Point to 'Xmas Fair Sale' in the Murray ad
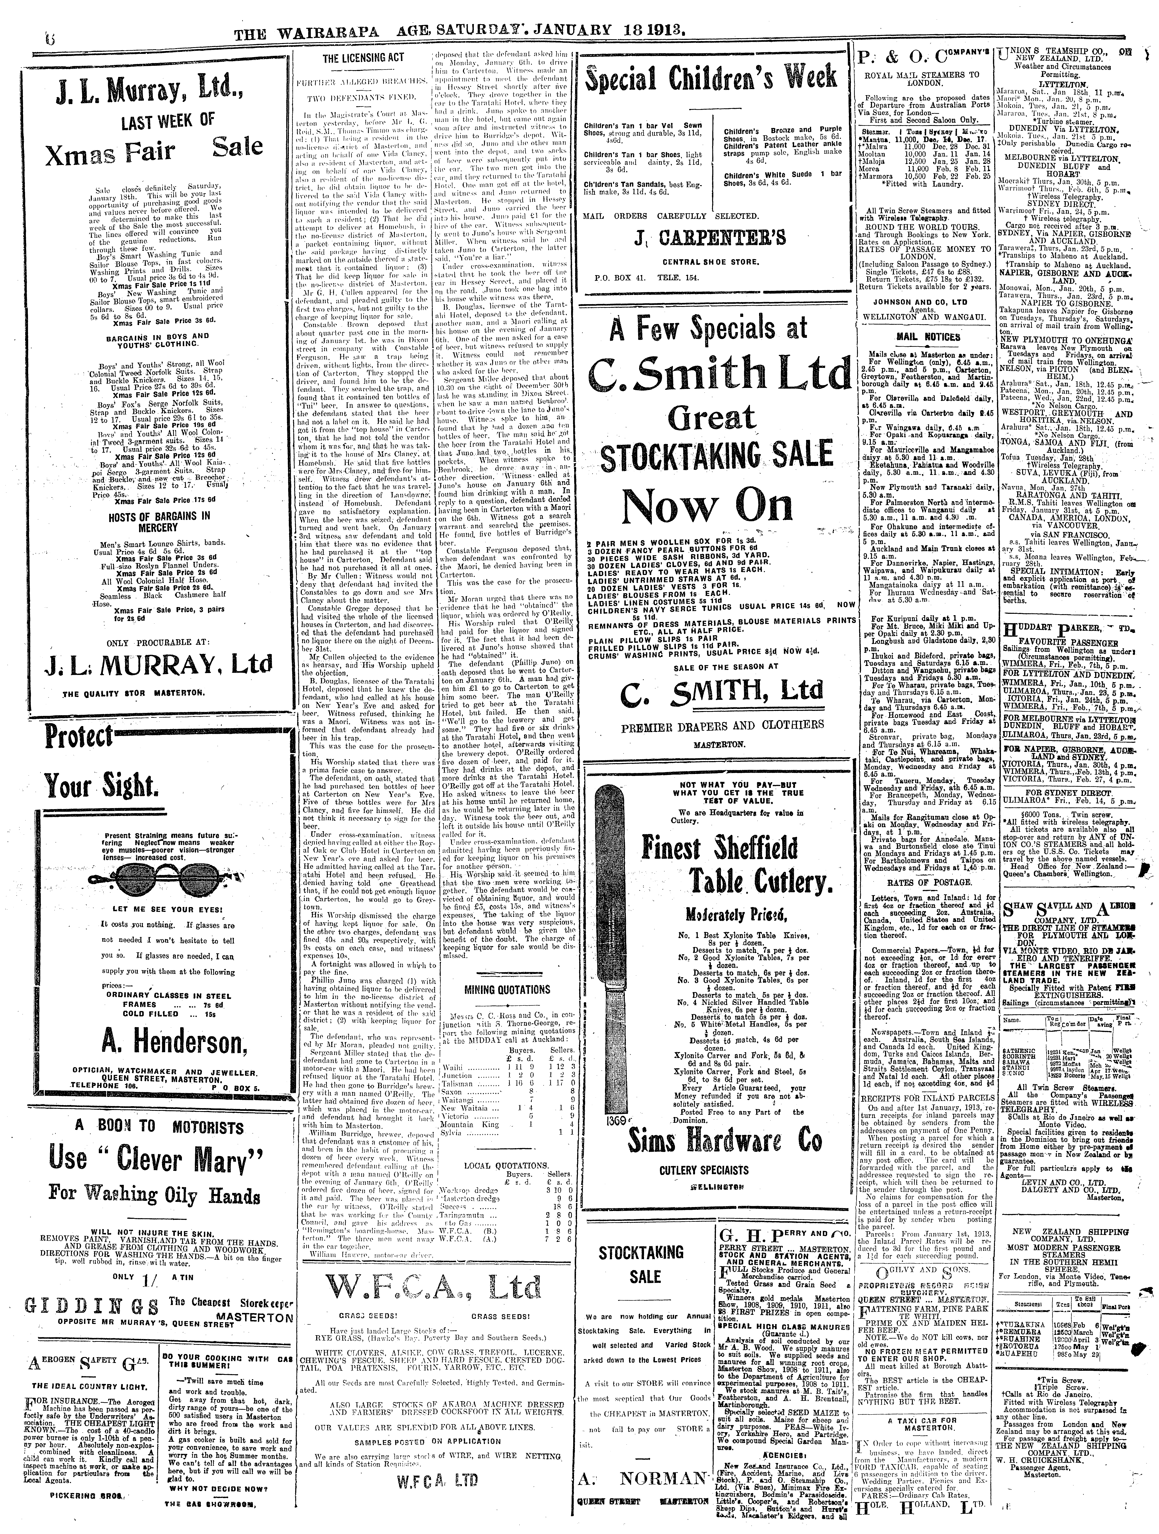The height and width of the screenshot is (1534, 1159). [x=153, y=148]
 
